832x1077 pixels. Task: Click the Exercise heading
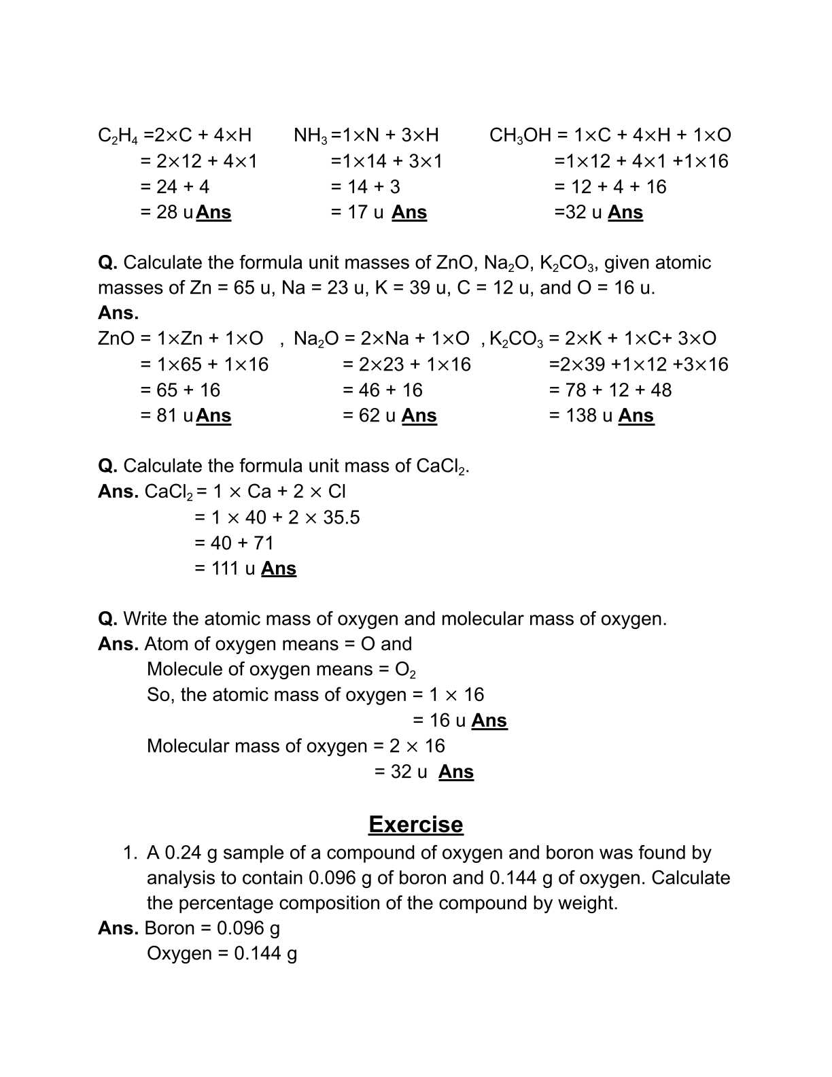coord(415,824)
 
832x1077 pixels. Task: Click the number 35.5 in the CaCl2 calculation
coord(341,517)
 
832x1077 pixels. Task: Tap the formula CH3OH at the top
coord(520,135)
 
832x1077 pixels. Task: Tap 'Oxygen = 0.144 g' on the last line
coord(222,953)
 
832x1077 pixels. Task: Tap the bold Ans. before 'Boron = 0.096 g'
coord(118,928)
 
